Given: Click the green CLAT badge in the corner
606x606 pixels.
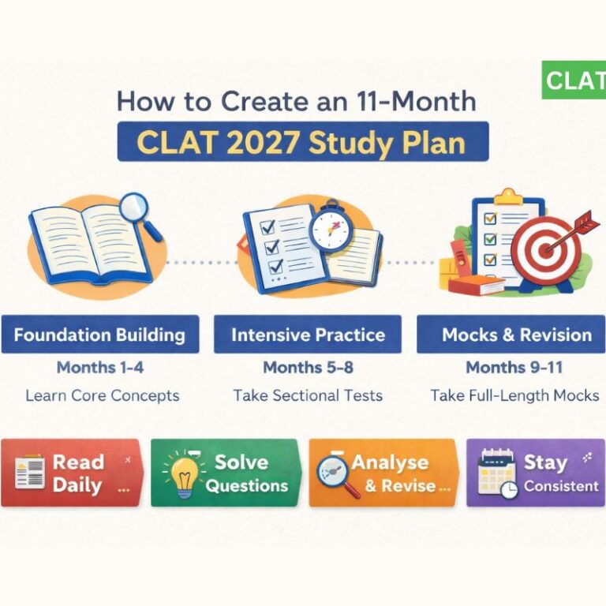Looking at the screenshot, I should pyautogui.click(x=574, y=80).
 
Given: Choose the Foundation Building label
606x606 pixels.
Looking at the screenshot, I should pyautogui.click(x=99, y=335).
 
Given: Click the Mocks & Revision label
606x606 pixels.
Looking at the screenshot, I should pyautogui.click(x=516, y=335).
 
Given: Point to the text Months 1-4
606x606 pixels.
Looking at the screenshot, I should pyautogui.click(x=99, y=367).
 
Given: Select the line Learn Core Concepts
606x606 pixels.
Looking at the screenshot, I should pyautogui.click(x=102, y=395).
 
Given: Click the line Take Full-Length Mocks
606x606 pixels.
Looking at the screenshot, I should pyautogui.click(x=514, y=395).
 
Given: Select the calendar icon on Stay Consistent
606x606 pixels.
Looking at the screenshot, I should pyautogui.click(x=497, y=473).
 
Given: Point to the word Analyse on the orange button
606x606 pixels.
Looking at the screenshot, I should pyautogui.click(x=391, y=462).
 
